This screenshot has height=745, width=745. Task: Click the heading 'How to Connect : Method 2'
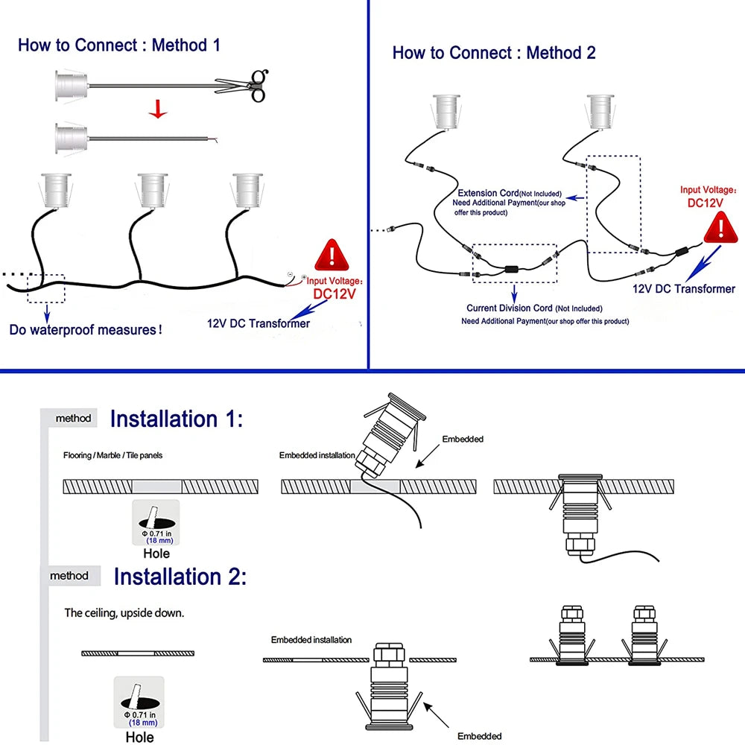tap(493, 53)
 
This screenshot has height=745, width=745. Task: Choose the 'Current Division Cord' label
tap(510, 308)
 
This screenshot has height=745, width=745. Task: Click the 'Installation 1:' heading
tap(177, 419)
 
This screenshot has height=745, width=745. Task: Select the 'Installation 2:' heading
tap(180, 577)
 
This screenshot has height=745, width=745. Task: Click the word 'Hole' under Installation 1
tap(156, 553)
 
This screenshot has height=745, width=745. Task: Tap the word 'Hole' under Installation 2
tap(139, 737)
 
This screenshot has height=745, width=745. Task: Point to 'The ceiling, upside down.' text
tap(124, 613)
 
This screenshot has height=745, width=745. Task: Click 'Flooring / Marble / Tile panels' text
tap(112, 454)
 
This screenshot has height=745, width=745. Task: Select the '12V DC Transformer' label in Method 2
tap(684, 289)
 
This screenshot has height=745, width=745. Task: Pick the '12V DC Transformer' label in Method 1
tap(258, 323)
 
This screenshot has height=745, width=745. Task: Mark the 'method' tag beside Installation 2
tap(69, 576)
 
